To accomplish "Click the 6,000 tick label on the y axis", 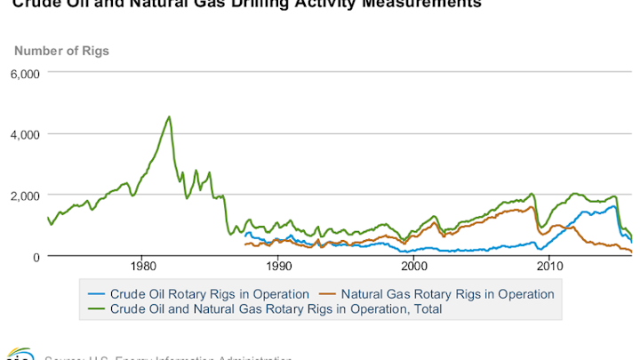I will [25, 73].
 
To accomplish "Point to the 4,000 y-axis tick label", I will [25, 134].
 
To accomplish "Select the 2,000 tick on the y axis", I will [25, 195].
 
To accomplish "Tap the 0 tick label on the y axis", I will [36, 256].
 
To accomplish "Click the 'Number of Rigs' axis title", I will [60, 51].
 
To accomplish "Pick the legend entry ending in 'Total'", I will [276, 309].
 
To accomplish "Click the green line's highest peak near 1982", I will [169, 116].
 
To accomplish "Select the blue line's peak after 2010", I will [612, 206].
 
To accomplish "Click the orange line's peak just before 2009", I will [532, 207].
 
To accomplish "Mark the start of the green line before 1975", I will [47, 217].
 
